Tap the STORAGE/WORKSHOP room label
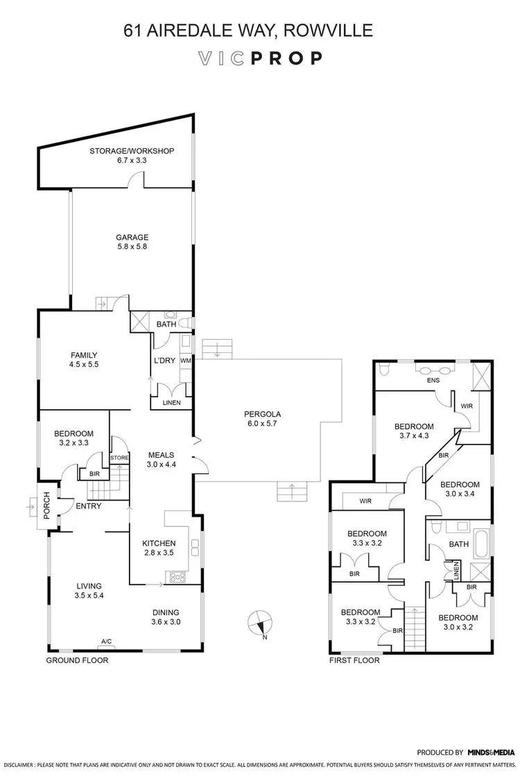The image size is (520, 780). (x=131, y=155)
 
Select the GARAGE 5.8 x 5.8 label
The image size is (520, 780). (x=132, y=242)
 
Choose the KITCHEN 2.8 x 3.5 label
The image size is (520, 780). (x=159, y=548)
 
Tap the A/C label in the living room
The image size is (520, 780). (x=107, y=641)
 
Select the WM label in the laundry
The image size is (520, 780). (x=185, y=361)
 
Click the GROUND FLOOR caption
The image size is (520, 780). (x=77, y=661)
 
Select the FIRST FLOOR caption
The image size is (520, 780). (x=354, y=661)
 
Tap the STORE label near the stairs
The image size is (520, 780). (x=120, y=458)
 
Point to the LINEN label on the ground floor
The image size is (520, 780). (x=171, y=403)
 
